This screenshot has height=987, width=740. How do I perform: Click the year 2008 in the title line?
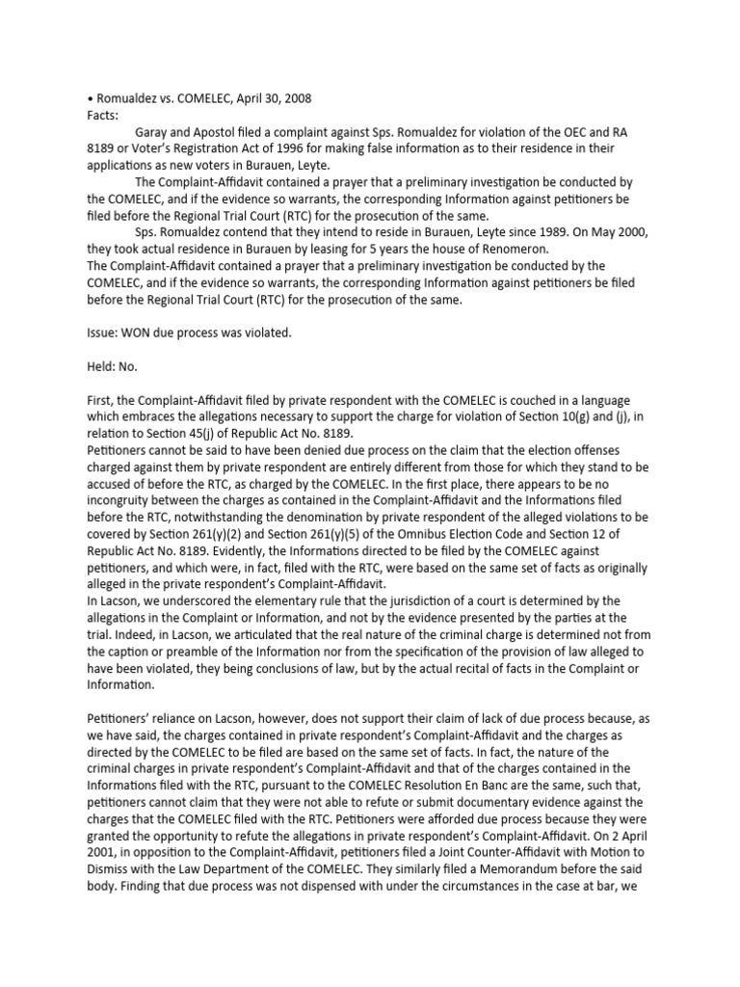point(293,98)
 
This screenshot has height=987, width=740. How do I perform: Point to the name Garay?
point(157,132)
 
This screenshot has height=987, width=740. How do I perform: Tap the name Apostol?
point(227,132)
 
